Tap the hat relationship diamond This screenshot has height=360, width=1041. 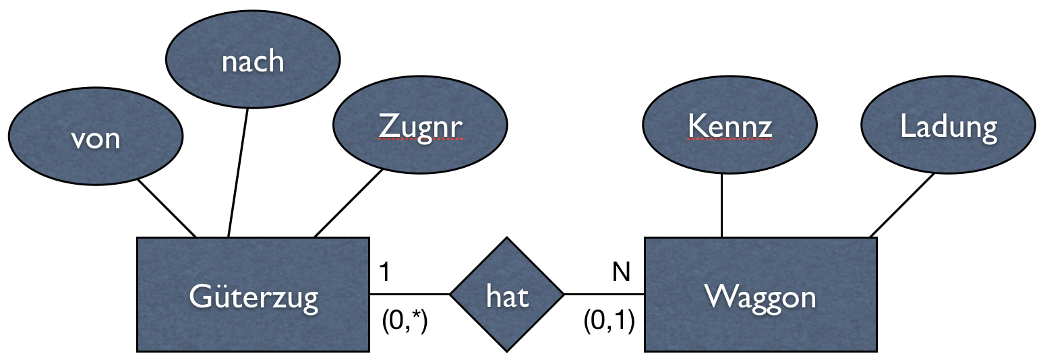coord(506,295)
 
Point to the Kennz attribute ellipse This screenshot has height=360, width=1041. coord(730,126)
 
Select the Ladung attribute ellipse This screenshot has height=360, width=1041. coord(948,126)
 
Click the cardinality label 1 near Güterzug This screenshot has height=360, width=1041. coord(384,272)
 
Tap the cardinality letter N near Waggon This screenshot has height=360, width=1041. coord(621,272)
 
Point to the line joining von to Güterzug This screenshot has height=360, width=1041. coord(167,208)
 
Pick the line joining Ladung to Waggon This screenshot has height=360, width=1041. coord(902,205)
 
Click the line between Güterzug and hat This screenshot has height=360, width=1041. coord(409,295)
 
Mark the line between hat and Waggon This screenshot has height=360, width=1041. coord(604,295)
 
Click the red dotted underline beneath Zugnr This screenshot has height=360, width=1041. coord(420,139)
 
